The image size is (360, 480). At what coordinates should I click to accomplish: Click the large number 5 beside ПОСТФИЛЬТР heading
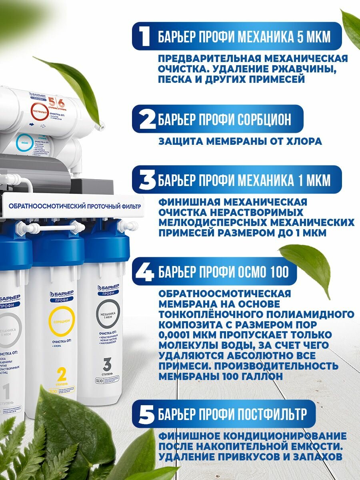click(147, 414)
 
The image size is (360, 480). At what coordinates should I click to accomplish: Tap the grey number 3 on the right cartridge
click(107, 365)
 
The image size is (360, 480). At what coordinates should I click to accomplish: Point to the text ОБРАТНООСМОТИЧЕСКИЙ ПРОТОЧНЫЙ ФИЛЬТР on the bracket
click(75, 206)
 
